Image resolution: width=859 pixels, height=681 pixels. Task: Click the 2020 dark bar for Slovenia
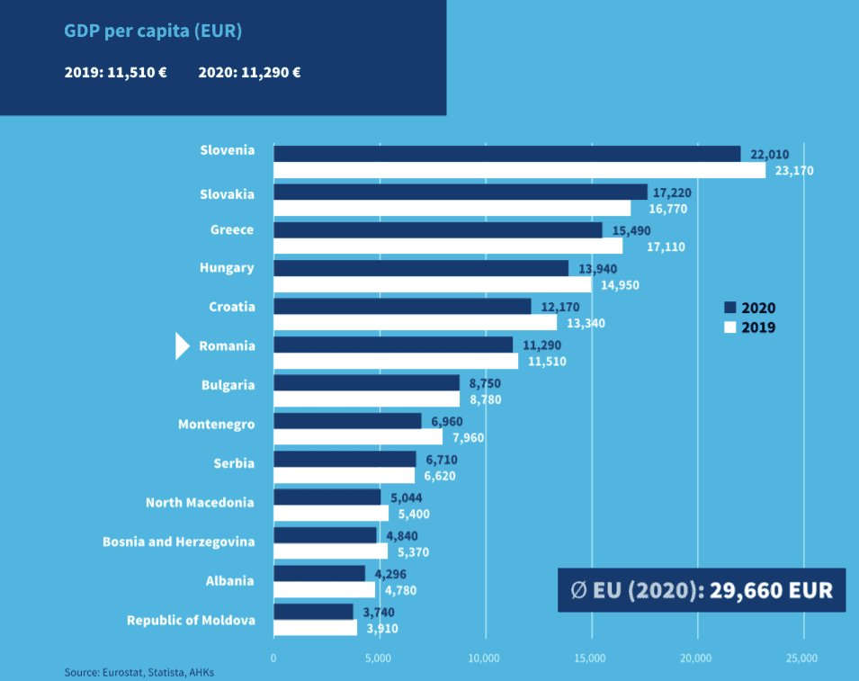(x=506, y=154)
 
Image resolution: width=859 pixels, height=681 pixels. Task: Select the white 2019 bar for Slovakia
(x=452, y=209)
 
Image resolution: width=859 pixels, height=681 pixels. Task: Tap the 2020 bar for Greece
(x=437, y=230)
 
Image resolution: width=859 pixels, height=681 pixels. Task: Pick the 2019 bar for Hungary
(x=432, y=285)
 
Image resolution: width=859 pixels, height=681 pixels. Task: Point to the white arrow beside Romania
(x=182, y=345)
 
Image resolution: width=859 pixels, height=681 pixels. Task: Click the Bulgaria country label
(x=228, y=385)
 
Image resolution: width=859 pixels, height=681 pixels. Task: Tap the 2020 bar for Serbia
(x=344, y=459)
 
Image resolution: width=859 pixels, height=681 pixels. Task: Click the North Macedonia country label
(x=200, y=502)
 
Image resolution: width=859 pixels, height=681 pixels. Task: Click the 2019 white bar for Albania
(x=324, y=590)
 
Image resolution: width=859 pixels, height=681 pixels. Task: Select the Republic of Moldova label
(x=191, y=620)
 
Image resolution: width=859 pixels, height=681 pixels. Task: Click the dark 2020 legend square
(x=729, y=307)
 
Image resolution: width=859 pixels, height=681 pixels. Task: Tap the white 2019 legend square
(x=729, y=327)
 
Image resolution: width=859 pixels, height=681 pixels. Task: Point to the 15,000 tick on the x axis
(x=591, y=658)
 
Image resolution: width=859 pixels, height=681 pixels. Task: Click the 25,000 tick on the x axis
(x=802, y=658)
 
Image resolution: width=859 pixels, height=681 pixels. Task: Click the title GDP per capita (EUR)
(x=153, y=31)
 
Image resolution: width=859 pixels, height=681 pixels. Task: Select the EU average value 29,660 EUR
(x=771, y=590)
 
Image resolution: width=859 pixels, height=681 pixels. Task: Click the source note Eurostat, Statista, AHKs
(x=139, y=672)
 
